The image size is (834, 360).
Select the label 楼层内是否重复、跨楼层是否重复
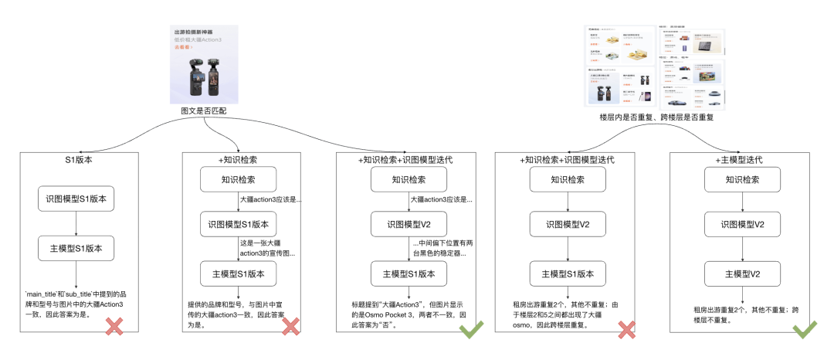pos(656,117)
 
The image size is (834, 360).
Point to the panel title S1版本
pos(79,160)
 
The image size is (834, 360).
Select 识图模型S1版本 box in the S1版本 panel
pos(76,198)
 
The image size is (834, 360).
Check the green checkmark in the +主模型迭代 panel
pos(804,330)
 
